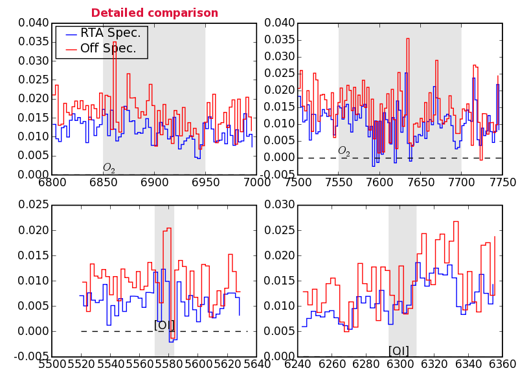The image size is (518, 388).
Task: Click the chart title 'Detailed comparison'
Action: tap(154, 13)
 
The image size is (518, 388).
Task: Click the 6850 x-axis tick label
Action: tap(104, 182)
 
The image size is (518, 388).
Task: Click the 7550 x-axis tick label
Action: tap(339, 182)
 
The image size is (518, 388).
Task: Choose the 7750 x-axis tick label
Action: tap(501, 182)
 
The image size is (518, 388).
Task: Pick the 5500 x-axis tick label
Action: tap(52, 363)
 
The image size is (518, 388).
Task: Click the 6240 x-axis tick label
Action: tap(298, 363)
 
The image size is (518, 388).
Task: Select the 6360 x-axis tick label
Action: tap(502, 363)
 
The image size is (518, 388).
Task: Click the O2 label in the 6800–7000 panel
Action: tap(109, 168)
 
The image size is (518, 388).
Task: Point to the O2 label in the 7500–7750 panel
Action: tap(344, 151)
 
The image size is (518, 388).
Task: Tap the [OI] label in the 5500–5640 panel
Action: tap(164, 325)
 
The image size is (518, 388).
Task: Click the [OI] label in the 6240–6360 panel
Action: tap(399, 350)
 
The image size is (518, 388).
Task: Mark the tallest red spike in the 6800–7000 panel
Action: tap(115, 42)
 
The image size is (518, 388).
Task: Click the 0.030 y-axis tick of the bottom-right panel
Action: tap(279, 205)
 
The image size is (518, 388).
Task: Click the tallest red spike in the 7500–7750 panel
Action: tap(408, 39)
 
